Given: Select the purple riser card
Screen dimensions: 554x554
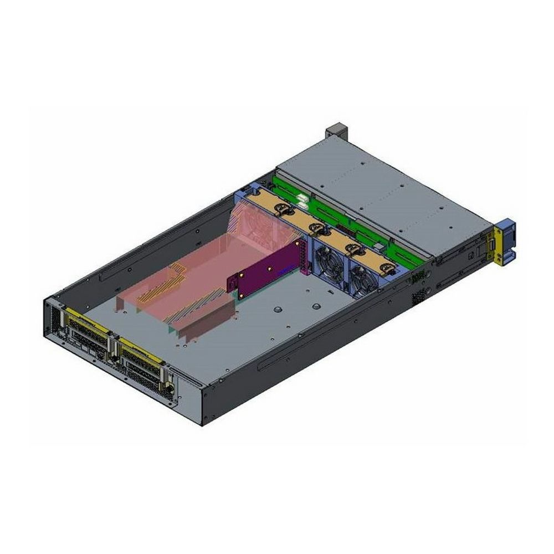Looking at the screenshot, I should [x=266, y=270].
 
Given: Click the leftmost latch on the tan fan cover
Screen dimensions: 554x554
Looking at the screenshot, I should [x=282, y=208].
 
